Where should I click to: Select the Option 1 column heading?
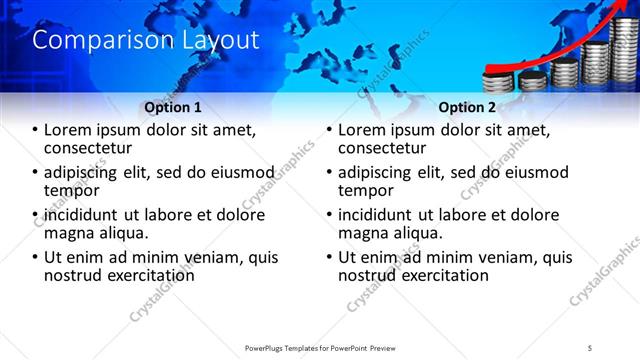(x=172, y=107)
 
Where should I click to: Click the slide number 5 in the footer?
(x=590, y=347)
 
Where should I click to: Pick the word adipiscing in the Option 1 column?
(x=85, y=172)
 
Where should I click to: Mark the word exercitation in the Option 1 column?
(x=139, y=275)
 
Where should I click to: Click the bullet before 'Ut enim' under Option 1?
(x=36, y=258)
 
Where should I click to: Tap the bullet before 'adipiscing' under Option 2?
(x=330, y=173)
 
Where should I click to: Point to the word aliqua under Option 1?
(x=121, y=233)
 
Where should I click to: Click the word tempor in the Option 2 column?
(x=367, y=191)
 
